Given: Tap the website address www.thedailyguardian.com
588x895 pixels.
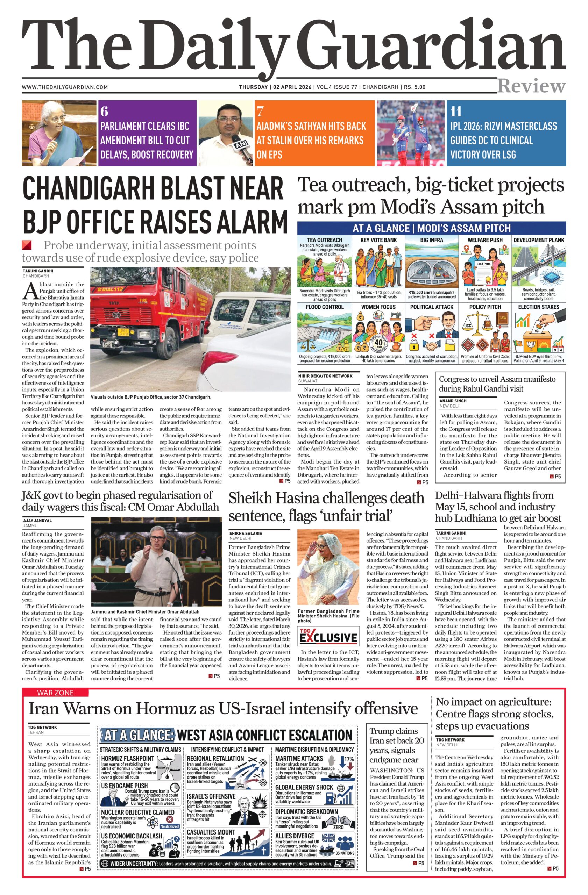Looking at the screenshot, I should point(65,87).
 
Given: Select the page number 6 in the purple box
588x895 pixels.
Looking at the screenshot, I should point(104,112).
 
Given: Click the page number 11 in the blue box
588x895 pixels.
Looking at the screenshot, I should point(456,112).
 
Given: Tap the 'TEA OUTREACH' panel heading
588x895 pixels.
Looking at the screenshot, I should point(324,240).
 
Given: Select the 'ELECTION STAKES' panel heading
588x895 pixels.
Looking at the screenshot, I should point(538,307).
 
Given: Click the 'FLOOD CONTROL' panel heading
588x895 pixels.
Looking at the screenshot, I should point(325,307).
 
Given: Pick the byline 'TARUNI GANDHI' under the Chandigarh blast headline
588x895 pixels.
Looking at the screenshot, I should point(38,270).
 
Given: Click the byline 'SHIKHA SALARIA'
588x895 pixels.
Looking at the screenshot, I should point(246,533).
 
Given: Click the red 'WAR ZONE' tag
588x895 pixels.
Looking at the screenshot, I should point(55,693).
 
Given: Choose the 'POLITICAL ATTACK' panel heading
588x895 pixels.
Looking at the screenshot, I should point(432,307).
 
